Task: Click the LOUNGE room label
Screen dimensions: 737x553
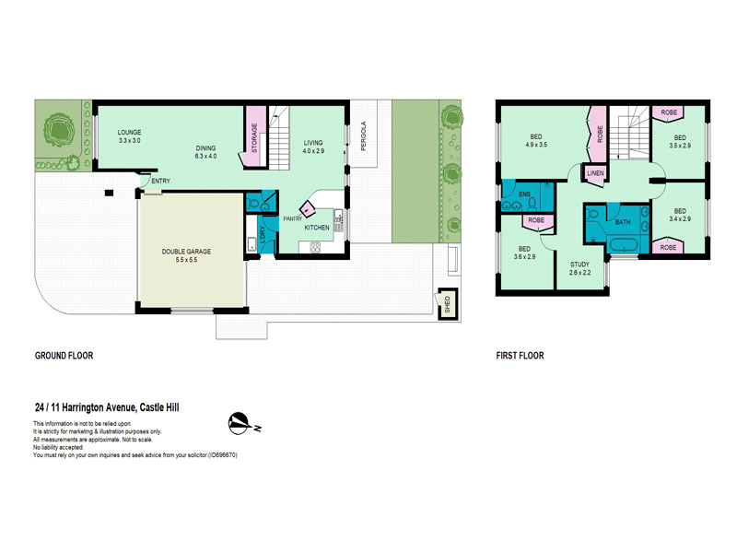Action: [x=129, y=133]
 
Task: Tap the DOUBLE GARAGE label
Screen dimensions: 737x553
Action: [x=187, y=252]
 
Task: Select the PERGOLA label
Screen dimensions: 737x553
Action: [x=363, y=136]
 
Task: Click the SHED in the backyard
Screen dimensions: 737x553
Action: [x=448, y=304]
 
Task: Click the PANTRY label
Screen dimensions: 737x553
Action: [x=292, y=219]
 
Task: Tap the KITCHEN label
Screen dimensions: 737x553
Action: [x=317, y=228]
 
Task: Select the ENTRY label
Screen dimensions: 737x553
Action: [x=160, y=181]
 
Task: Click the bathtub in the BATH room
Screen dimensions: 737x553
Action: [x=623, y=245]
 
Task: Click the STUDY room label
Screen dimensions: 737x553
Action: [x=579, y=265]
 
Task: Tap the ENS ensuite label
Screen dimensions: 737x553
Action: [x=524, y=194]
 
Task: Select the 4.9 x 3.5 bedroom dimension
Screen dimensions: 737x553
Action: [x=536, y=145]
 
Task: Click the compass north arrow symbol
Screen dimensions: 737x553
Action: [x=240, y=423]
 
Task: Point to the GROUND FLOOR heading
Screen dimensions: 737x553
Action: [x=64, y=356]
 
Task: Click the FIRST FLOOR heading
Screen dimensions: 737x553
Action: [x=520, y=356]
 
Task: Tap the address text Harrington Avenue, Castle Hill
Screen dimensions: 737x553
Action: [x=121, y=407]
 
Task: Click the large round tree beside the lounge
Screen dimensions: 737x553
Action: [x=59, y=129]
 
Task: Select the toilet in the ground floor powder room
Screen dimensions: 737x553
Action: [x=252, y=204]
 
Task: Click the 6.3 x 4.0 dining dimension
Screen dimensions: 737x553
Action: [x=205, y=156]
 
